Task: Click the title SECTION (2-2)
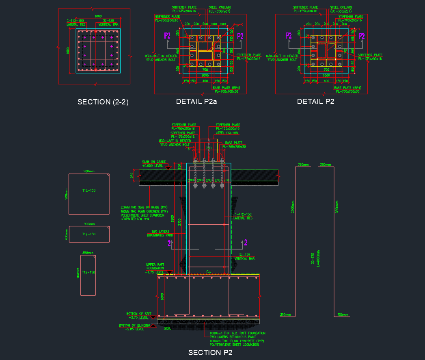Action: tap(103, 102)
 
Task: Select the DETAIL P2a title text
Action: tap(196, 102)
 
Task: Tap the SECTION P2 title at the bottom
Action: tap(210, 352)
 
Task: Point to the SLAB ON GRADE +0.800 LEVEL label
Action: tap(153, 164)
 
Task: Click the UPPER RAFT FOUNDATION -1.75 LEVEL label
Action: tap(155, 268)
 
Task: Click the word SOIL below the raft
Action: tap(167, 328)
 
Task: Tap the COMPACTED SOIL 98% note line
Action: tap(135, 219)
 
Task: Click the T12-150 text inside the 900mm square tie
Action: tap(88, 191)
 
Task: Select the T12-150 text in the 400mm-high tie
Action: tap(88, 234)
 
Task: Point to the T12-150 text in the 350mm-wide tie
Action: tap(88, 272)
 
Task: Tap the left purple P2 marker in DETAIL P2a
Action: tap(168, 36)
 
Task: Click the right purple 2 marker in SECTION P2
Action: tap(246, 243)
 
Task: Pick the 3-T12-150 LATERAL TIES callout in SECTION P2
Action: tap(243, 216)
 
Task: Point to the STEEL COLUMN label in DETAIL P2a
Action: tap(220, 9)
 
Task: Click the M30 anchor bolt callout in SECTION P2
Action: tap(174, 143)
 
